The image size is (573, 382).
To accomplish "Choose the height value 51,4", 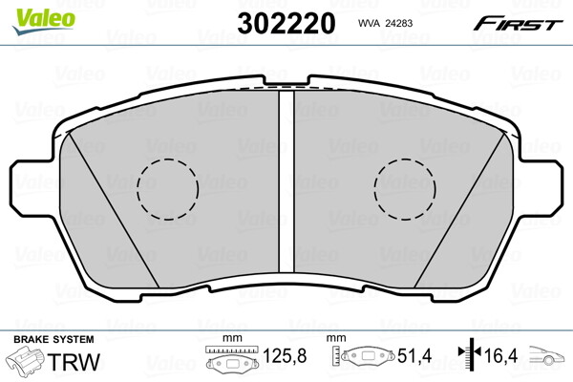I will [x=413, y=358].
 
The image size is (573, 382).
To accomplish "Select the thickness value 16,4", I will [x=502, y=358].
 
